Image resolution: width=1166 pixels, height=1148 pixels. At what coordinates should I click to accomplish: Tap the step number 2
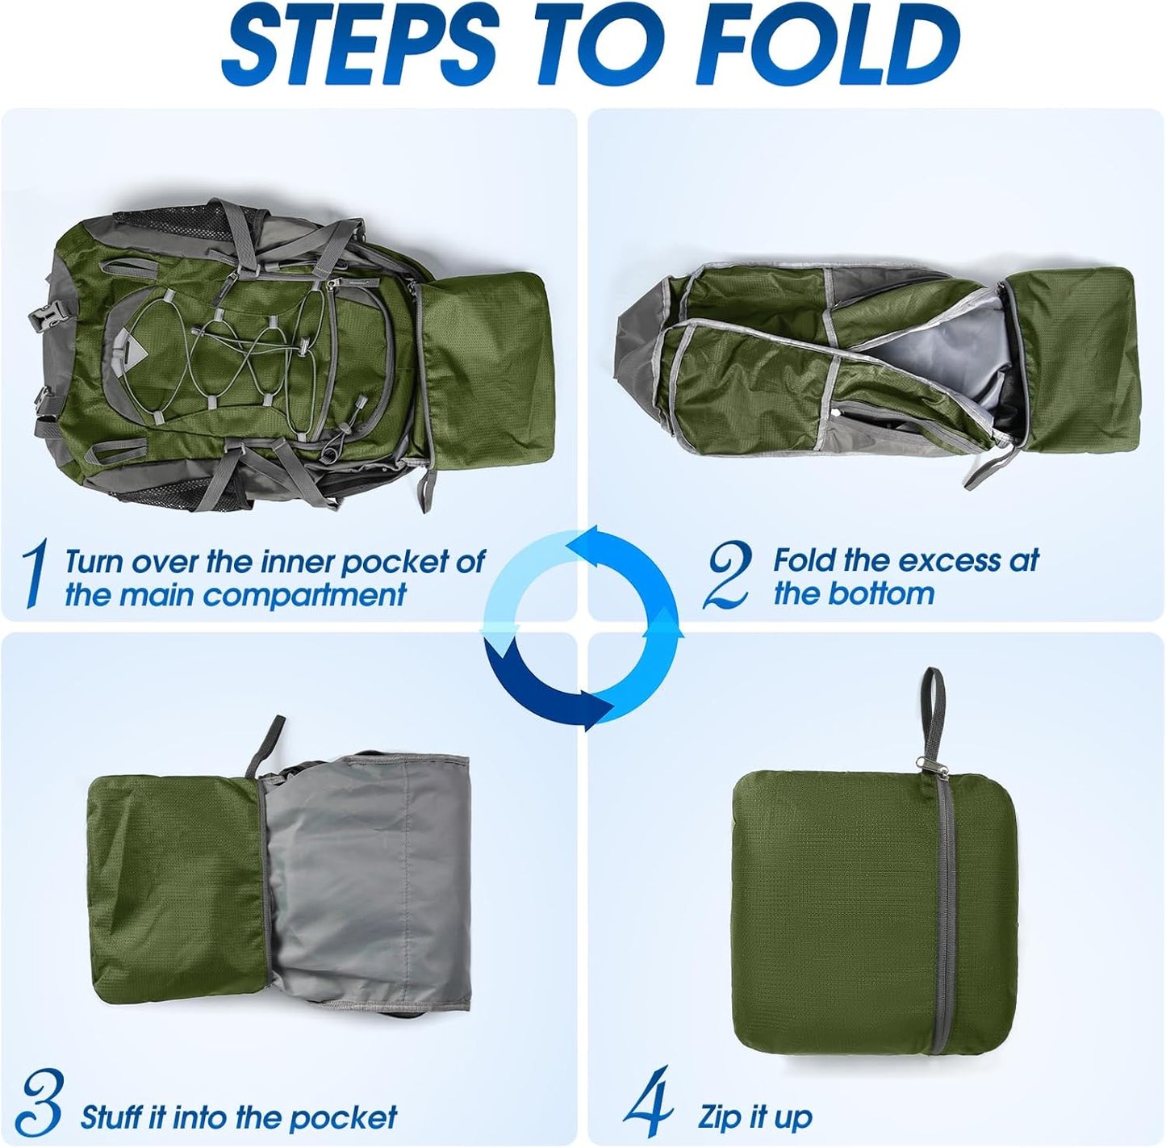pos(725,575)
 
